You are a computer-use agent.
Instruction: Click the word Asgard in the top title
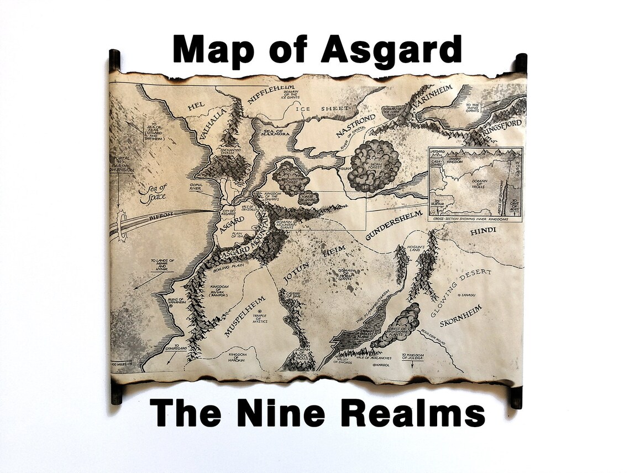tap(391, 50)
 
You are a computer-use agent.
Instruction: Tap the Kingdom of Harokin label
tap(237, 357)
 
